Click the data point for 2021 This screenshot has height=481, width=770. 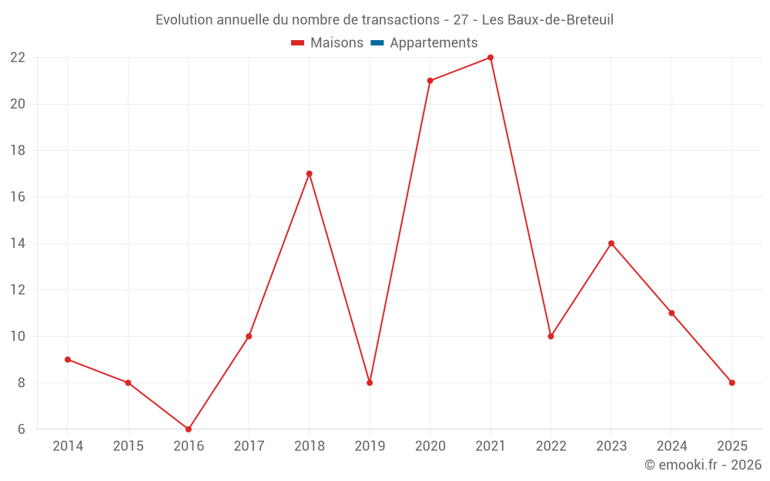pyautogui.click(x=490, y=58)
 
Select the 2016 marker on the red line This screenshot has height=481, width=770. pyautogui.click(x=189, y=429)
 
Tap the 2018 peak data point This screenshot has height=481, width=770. pyautogui.click(x=309, y=174)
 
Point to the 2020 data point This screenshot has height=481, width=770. pyautogui.click(x=430, y=81)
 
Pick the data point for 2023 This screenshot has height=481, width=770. pyautogui.click(x=611, y=243)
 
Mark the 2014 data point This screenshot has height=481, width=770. pyautogui.click(x=68, y=359)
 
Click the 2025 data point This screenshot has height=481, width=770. pyautogui.click(x=731, y=382)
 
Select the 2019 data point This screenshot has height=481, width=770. pyautogui.click(x=370, y=382)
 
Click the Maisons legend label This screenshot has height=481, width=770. pyautogui.click(x=336, y=43)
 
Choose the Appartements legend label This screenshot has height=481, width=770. pyautogui.click(x=434, y=43)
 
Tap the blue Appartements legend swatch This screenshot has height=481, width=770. pyautogui.click(x=377, y=43)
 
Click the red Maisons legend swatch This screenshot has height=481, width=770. pyautogui.click(x=297, y=43)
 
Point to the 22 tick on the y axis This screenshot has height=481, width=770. pyautogui.click(x=18, y=58)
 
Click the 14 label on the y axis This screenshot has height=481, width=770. pyautogui.click(x=18, y=243)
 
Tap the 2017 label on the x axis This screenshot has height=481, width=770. pyautogui.click(x=249, y=446)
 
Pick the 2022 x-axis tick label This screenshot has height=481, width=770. pyautogui.click(x=551, y=446)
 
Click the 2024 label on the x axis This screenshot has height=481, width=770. pyautogui.click(x=671, y=446)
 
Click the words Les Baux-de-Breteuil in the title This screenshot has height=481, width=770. pyautogui.click(x=547, y=20)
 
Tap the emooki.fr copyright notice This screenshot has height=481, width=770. pyautogui.click(x=703, y=465)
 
